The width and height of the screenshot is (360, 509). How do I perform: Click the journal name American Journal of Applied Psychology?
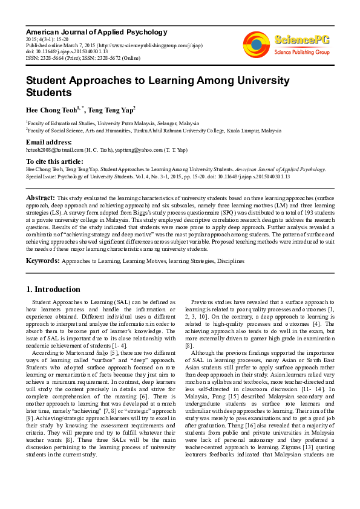coord(96,31)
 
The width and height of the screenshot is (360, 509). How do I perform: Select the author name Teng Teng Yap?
coord(110,110)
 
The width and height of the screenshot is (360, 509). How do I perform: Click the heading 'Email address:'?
coord(48,142)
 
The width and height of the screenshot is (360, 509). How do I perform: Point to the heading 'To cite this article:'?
coord(54,161)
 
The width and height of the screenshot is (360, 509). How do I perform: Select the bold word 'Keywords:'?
coord(42,261)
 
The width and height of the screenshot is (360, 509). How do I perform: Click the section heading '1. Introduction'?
coord(53,289)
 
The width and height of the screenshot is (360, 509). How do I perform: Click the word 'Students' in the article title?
coord(48,92)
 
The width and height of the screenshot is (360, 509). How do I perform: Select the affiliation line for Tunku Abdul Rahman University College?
coord(154,130)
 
